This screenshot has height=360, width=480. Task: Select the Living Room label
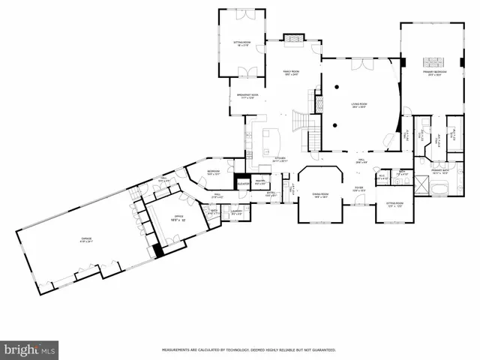[x=359, y=106]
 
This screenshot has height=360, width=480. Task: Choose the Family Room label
[x=291, y=73]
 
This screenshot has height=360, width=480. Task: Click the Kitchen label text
[x=280, y=160]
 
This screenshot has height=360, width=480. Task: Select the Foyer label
[x=359, y=189]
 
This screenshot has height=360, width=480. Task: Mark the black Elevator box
[x=243, y=183]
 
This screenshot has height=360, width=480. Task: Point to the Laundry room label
[x=235, y=213]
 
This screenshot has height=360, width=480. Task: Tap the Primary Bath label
[x=439, y=172]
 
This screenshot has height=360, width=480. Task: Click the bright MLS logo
[x=30, y=349]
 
